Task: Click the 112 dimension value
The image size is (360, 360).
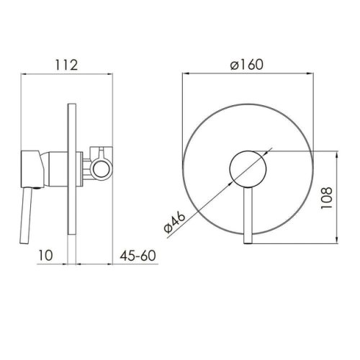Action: coord(66,65)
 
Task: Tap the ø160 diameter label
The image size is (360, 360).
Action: coord(247,65)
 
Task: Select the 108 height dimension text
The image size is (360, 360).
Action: coord(327,198)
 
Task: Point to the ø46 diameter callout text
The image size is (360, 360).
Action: coord(175,222)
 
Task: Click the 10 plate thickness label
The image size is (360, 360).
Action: coord(45,255)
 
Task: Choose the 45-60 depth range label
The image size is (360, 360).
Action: coord(138,256)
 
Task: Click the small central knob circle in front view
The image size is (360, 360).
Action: coord(248,168)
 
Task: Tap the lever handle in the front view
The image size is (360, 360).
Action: coord(248,215)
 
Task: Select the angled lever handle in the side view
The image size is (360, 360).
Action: coord(26,216)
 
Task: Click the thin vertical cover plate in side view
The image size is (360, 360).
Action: coord(72,168)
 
